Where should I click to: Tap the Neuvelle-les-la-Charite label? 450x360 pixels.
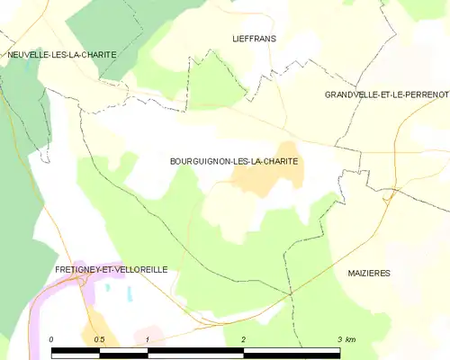tap(61, 55)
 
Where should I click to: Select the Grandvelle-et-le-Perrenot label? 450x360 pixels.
tap(387, 94)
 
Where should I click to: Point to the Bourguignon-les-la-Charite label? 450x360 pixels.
tap(234, 161)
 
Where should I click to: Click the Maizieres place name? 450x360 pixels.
tap(369, 272)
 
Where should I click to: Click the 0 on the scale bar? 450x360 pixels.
tap(52, 339)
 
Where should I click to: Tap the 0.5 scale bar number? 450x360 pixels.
tap(99, 339)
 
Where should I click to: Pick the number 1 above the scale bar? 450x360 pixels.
tap(147, 339)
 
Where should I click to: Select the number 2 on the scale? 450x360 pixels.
tap(243, 339)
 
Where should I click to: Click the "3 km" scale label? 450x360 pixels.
tap(346, 339)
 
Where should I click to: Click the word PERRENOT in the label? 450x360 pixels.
tap(425, 94)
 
